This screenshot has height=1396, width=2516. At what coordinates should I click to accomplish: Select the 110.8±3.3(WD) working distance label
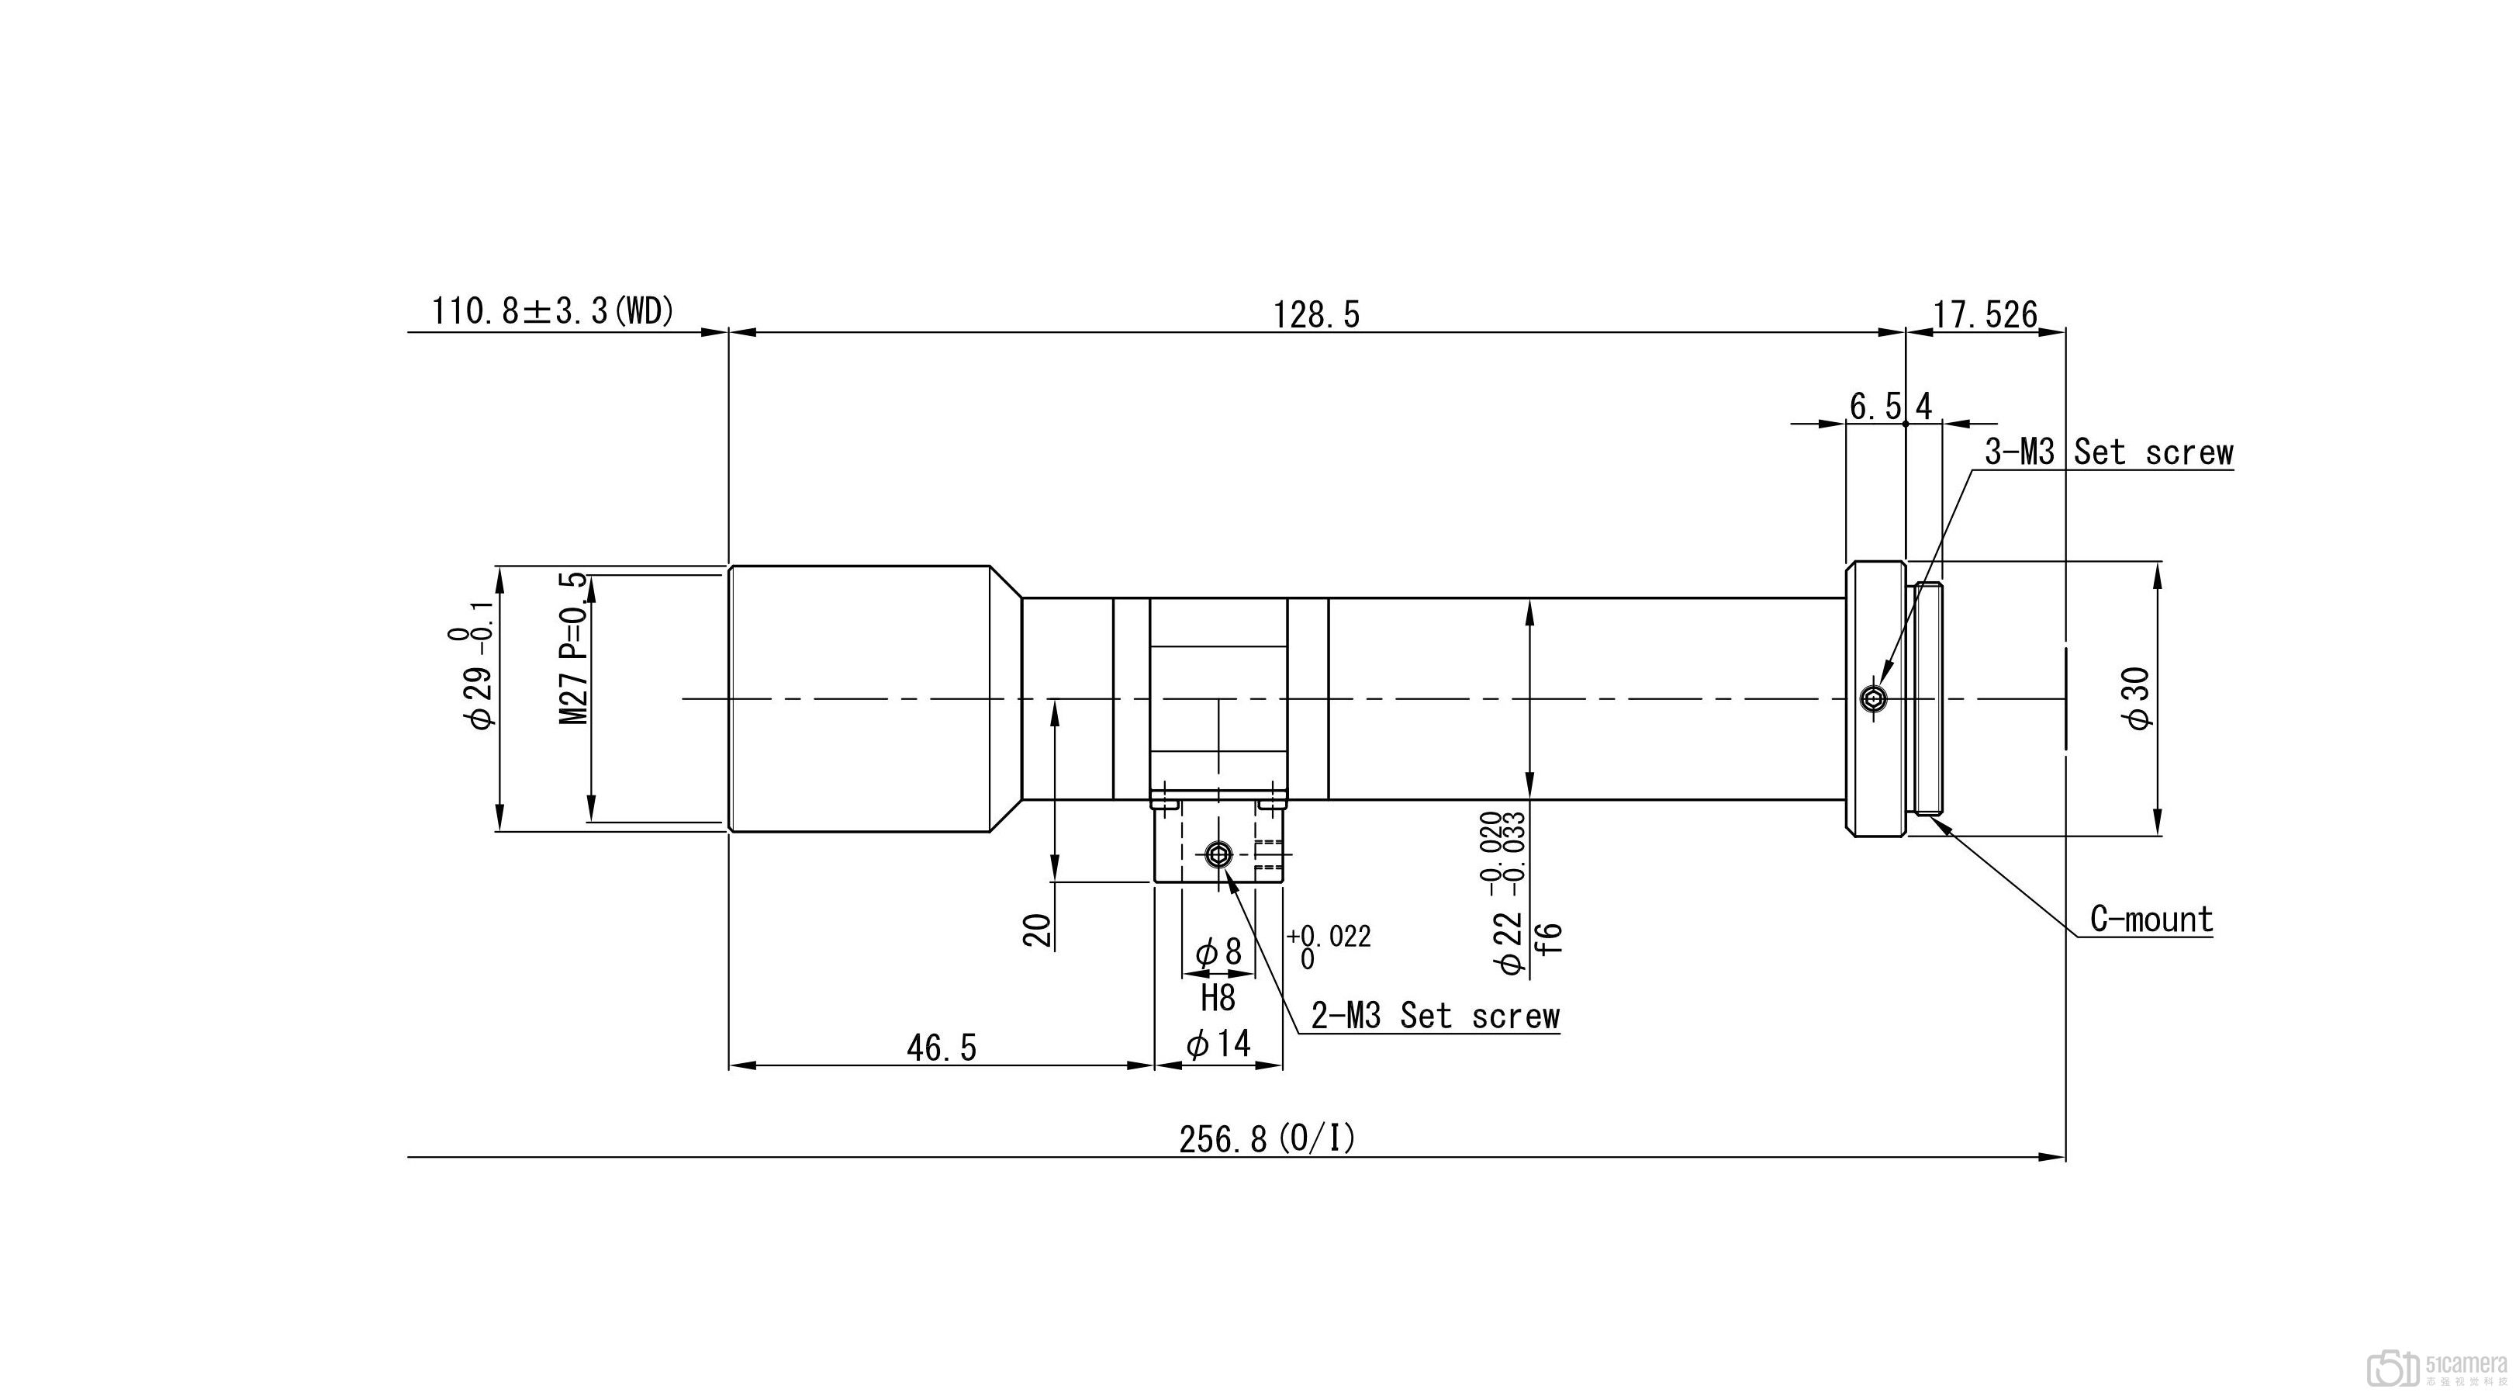553,312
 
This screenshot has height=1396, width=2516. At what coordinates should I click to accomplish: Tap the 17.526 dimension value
1985,314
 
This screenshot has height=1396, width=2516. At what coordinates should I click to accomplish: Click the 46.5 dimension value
942,1048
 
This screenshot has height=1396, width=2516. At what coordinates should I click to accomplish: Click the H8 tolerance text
1218,997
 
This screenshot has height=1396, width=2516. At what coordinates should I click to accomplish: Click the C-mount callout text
2151,920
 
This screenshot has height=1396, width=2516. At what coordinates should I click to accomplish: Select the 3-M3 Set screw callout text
2109,452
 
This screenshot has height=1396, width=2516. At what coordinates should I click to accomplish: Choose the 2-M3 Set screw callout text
1435,1016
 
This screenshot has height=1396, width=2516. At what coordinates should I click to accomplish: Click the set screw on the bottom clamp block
1217,856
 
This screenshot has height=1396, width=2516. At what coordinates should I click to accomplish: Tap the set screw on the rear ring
1873,698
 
